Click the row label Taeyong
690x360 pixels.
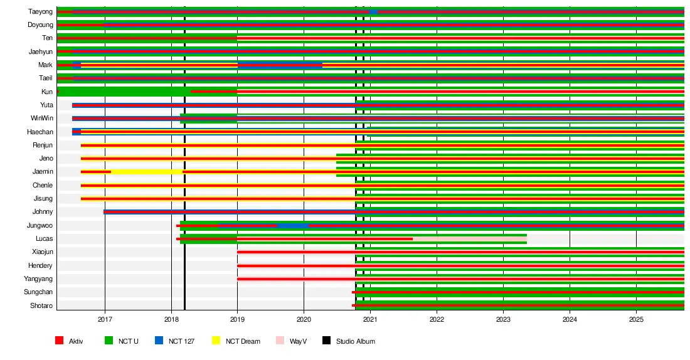coord(40,12)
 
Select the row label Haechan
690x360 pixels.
coord(40,132)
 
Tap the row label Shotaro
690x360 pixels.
coord(41,305)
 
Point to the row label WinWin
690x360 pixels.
coord(41,119)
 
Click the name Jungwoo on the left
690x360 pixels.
coord(40,225)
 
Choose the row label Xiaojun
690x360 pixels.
coord(42,251)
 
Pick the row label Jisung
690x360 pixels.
coord(43,199)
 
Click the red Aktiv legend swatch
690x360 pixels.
coord(59,341)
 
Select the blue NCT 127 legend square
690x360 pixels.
coord(159,341)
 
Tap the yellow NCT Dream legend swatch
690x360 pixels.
coord(216,341)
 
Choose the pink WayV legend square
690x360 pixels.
coord(280,341)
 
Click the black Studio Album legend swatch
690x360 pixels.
coord(326,341)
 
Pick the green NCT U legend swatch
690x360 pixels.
coord(109,341)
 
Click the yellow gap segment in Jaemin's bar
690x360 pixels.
coord(146,172)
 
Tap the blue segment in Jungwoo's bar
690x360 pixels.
coord(292,225)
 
